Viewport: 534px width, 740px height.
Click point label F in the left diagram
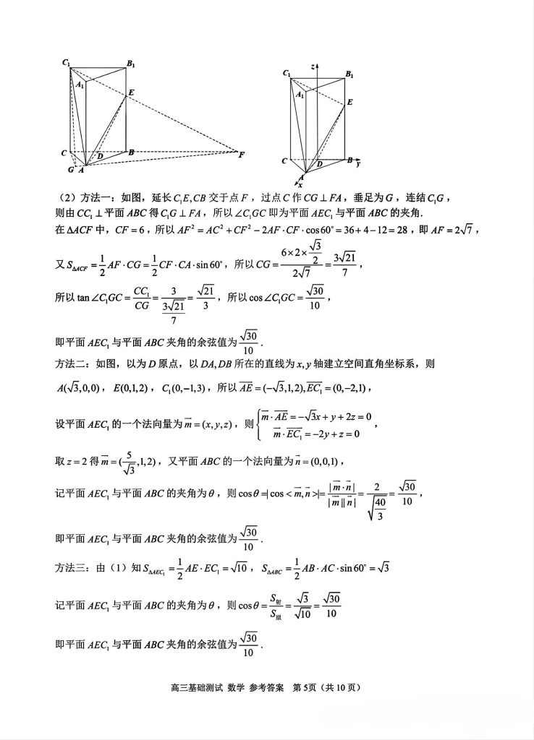[242, 155]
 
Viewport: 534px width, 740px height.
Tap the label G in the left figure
[71, 169]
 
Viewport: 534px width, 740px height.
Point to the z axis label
[313, 66]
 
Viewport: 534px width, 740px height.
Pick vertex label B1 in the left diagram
[131, 64]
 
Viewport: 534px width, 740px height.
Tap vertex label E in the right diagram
[349, 103]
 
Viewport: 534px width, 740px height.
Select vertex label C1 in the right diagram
[287, 74]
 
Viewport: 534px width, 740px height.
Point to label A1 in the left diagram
[80, 85]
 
